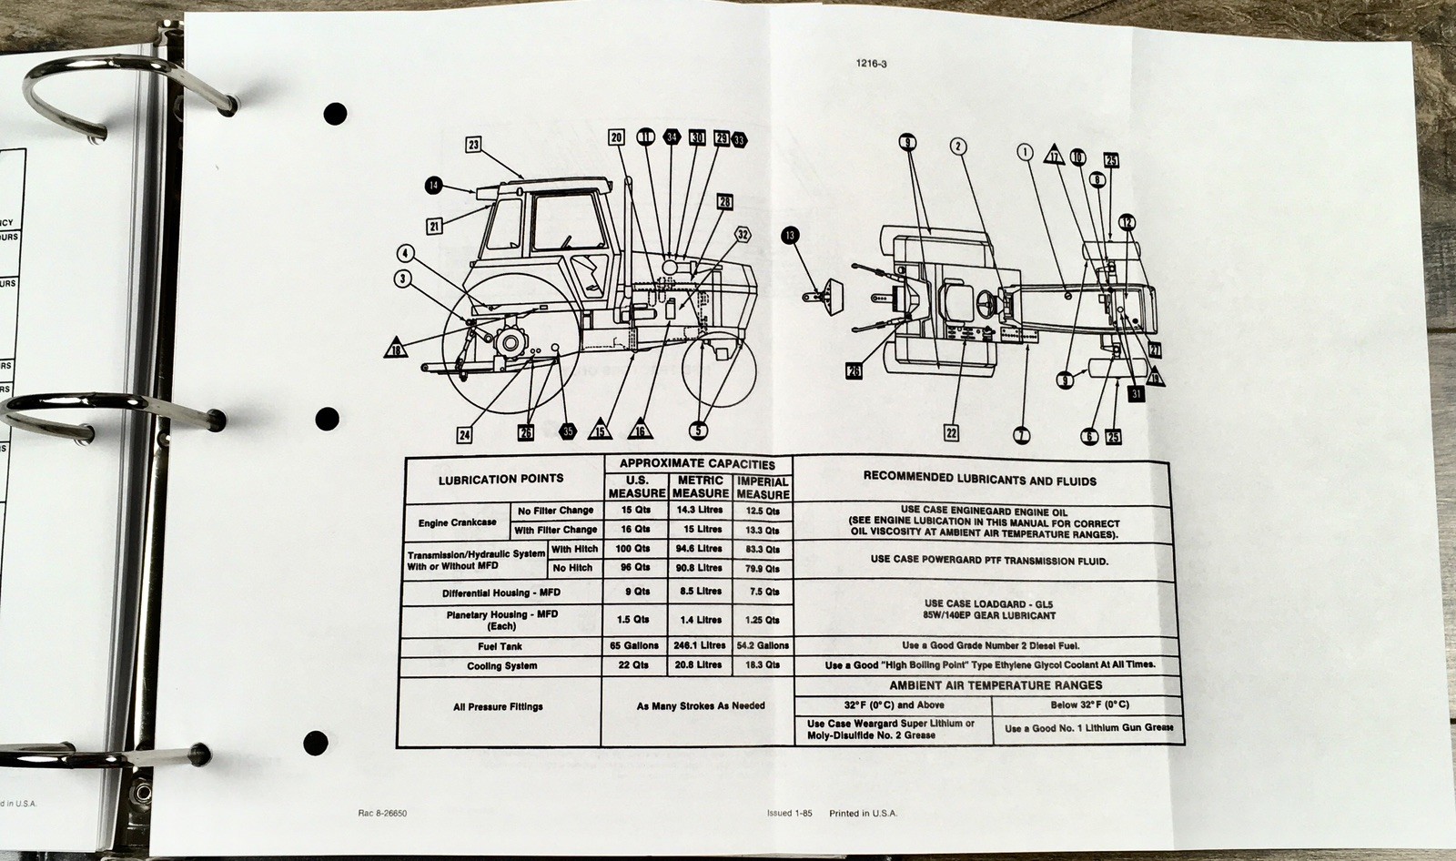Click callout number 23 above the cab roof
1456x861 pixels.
474,143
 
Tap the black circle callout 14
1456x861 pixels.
432,187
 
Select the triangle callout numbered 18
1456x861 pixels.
396,349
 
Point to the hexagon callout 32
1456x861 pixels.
743,234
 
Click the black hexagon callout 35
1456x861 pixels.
568,431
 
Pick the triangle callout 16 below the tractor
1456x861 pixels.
641,430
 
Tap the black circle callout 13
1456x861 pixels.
789,236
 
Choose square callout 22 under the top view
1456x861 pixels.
951,432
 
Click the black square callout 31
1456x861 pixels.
1136,394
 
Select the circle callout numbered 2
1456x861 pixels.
958,145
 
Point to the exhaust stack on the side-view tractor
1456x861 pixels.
627,228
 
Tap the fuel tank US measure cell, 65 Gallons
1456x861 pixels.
636,645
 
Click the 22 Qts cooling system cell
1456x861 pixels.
636,665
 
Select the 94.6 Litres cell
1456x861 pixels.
699,549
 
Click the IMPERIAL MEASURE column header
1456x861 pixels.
763,488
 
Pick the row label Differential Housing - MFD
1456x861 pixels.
499,593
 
